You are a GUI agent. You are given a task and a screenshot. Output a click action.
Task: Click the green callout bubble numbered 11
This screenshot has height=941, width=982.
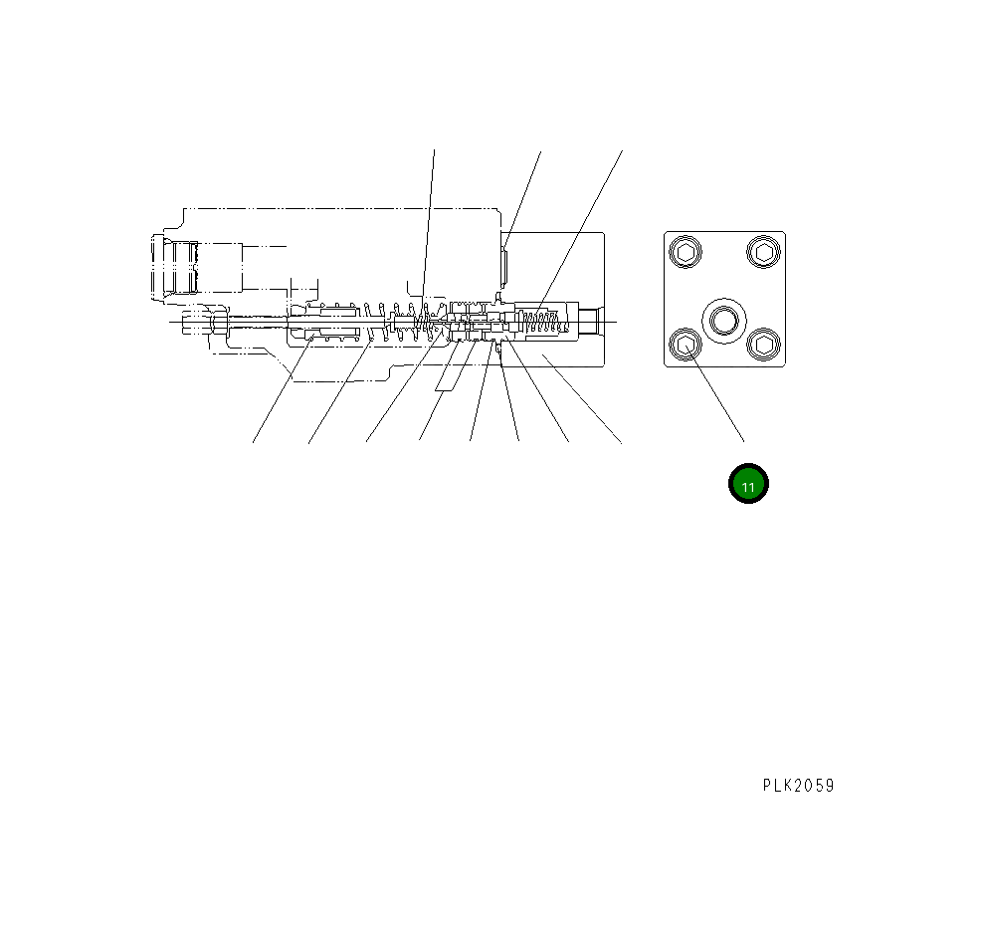point(748,485)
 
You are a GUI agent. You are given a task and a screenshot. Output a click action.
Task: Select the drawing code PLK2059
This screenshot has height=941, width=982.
point(798,786)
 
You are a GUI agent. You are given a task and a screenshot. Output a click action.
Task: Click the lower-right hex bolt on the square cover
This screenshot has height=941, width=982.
point(763,346)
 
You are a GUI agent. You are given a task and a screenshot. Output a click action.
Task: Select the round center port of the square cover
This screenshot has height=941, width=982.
point(722,320)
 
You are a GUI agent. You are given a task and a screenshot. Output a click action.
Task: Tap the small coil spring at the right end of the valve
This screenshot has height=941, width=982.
point(541,321)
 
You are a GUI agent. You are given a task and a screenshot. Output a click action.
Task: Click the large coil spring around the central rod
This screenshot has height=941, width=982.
point(398,321)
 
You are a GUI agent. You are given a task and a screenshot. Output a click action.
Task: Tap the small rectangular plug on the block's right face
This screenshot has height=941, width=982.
point(505,263)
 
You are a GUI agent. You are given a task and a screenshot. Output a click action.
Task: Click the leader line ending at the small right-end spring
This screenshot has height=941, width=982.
point(582,229)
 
